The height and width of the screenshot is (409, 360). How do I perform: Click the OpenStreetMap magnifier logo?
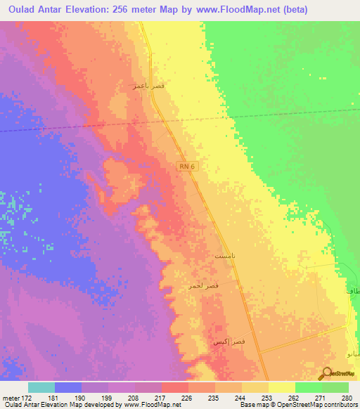tap(327, 375)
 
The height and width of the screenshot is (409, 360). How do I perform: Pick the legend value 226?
tap(186, 397)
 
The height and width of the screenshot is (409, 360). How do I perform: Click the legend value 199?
tap(106, 397)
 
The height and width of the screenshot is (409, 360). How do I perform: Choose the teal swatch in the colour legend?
tap(41, 387)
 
